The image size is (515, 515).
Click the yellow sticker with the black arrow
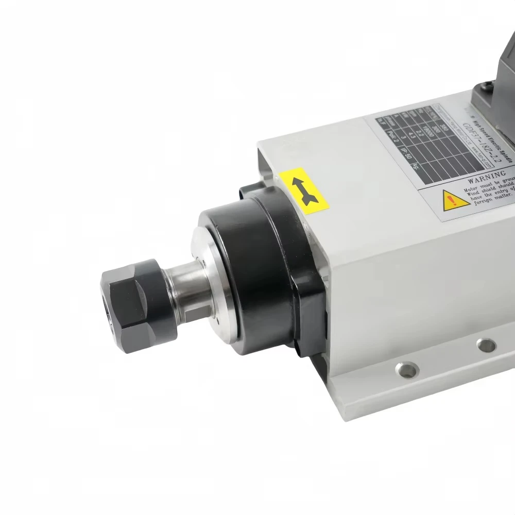click(x=305, y=191)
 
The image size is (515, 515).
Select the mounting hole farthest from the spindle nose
click(x=484, y=345)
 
